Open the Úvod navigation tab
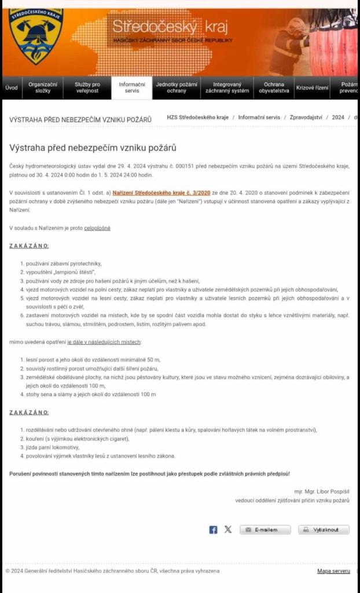[12, 88]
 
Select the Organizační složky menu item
[43, 87]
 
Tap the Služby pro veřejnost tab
[87, 87]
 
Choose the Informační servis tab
[131, 87]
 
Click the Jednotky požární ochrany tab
[177, 87]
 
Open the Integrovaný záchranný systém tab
[227, 87]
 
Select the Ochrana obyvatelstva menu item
[274, 87]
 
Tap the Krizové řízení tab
[312, 88]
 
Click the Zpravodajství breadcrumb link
[307, 117]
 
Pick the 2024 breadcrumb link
[338, 117]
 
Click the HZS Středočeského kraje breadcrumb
[197, 117]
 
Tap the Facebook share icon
[213, 529]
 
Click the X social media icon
[228, 529]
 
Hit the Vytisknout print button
[324, 529]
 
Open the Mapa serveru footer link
[333, 571]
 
